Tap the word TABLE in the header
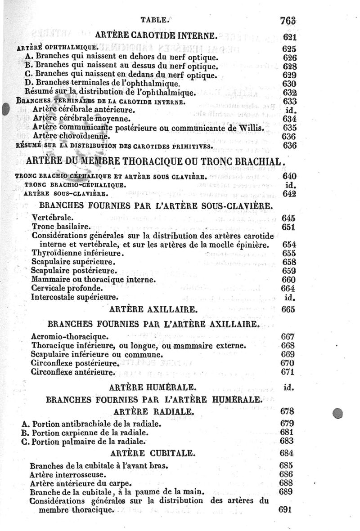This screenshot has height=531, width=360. [155, 19]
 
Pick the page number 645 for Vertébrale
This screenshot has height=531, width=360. [288, 218]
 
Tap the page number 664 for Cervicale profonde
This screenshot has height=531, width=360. [288, 288]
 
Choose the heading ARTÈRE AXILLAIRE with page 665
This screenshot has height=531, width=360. [153, 309]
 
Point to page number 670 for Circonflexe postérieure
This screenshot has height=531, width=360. [287, 363]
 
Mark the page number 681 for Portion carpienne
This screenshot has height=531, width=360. [287, 432]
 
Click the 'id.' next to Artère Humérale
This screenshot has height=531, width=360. [289, 387]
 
